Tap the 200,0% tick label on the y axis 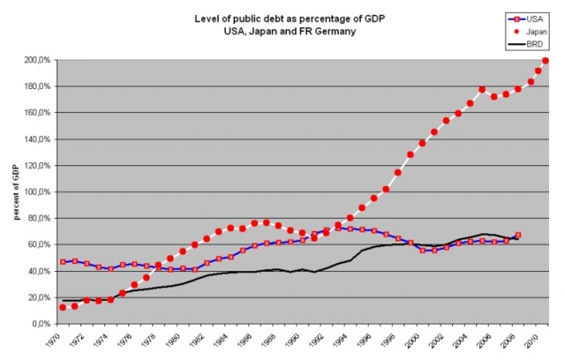[37, 60]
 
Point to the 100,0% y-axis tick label [37, 191]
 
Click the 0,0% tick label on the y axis [41, 324]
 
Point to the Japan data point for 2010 [545, 61]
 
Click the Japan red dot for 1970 [63, 307]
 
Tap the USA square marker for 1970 [63, 262]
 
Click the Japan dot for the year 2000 [423, 143]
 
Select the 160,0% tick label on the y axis [37, 113]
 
